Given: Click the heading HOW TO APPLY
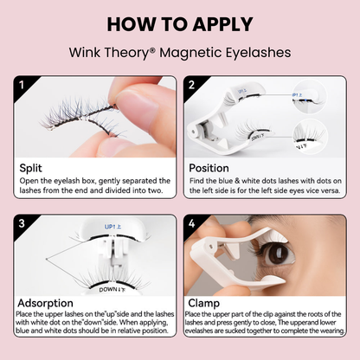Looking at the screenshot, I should (x=179, y=22).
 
